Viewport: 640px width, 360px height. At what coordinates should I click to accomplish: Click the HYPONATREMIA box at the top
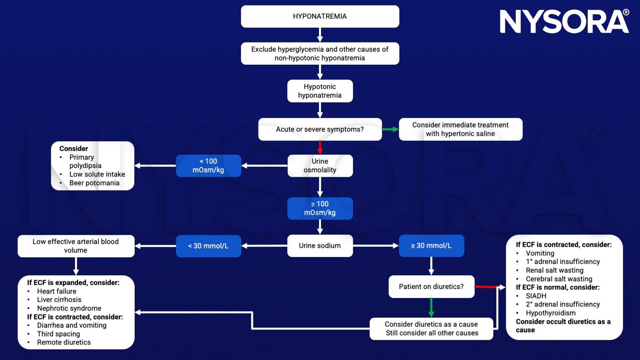320,17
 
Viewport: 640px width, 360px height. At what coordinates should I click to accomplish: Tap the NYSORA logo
564,22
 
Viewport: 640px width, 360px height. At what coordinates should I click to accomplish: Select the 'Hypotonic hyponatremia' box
320,91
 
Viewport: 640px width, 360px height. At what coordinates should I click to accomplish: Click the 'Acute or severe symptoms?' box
320,129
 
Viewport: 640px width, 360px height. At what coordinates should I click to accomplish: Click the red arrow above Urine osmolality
320,147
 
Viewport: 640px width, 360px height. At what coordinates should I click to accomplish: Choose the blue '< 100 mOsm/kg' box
208,166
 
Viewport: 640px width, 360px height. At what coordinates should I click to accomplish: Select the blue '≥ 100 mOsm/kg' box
320,208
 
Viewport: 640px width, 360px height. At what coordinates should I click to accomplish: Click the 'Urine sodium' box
320,246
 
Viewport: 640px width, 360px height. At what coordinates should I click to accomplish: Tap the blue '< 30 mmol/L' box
208,246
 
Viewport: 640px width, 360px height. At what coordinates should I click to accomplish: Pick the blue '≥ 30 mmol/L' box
431,246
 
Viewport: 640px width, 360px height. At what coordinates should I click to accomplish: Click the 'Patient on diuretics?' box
431,287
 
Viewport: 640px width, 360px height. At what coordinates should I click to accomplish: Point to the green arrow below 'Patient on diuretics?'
431,307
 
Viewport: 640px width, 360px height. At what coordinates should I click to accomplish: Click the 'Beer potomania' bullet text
94,183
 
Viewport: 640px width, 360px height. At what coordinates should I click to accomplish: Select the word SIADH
536,296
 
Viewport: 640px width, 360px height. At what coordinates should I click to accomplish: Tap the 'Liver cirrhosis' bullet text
59,300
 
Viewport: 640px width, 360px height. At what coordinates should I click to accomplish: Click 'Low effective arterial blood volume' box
76,246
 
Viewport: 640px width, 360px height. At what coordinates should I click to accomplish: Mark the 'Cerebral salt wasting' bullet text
559,279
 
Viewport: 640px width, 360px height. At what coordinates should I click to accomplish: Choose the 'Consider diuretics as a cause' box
431,328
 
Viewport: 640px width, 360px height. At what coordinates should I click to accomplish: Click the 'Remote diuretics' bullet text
64,342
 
